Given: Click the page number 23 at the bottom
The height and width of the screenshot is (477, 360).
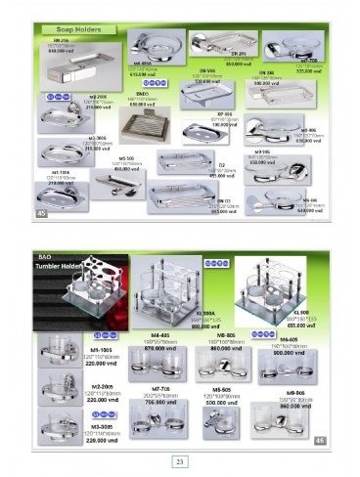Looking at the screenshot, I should coord(180,461).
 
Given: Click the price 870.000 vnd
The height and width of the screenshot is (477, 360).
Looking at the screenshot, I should coord(160,346).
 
